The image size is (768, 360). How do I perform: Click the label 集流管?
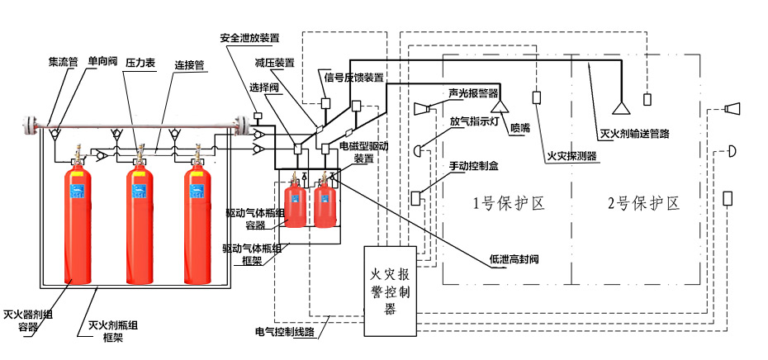[62, 61]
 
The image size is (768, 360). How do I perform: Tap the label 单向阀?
[103, 61]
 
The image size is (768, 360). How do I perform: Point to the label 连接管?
[188, 64]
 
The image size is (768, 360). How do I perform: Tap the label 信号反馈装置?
[353, 78]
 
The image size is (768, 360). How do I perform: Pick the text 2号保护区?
[642, 203]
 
